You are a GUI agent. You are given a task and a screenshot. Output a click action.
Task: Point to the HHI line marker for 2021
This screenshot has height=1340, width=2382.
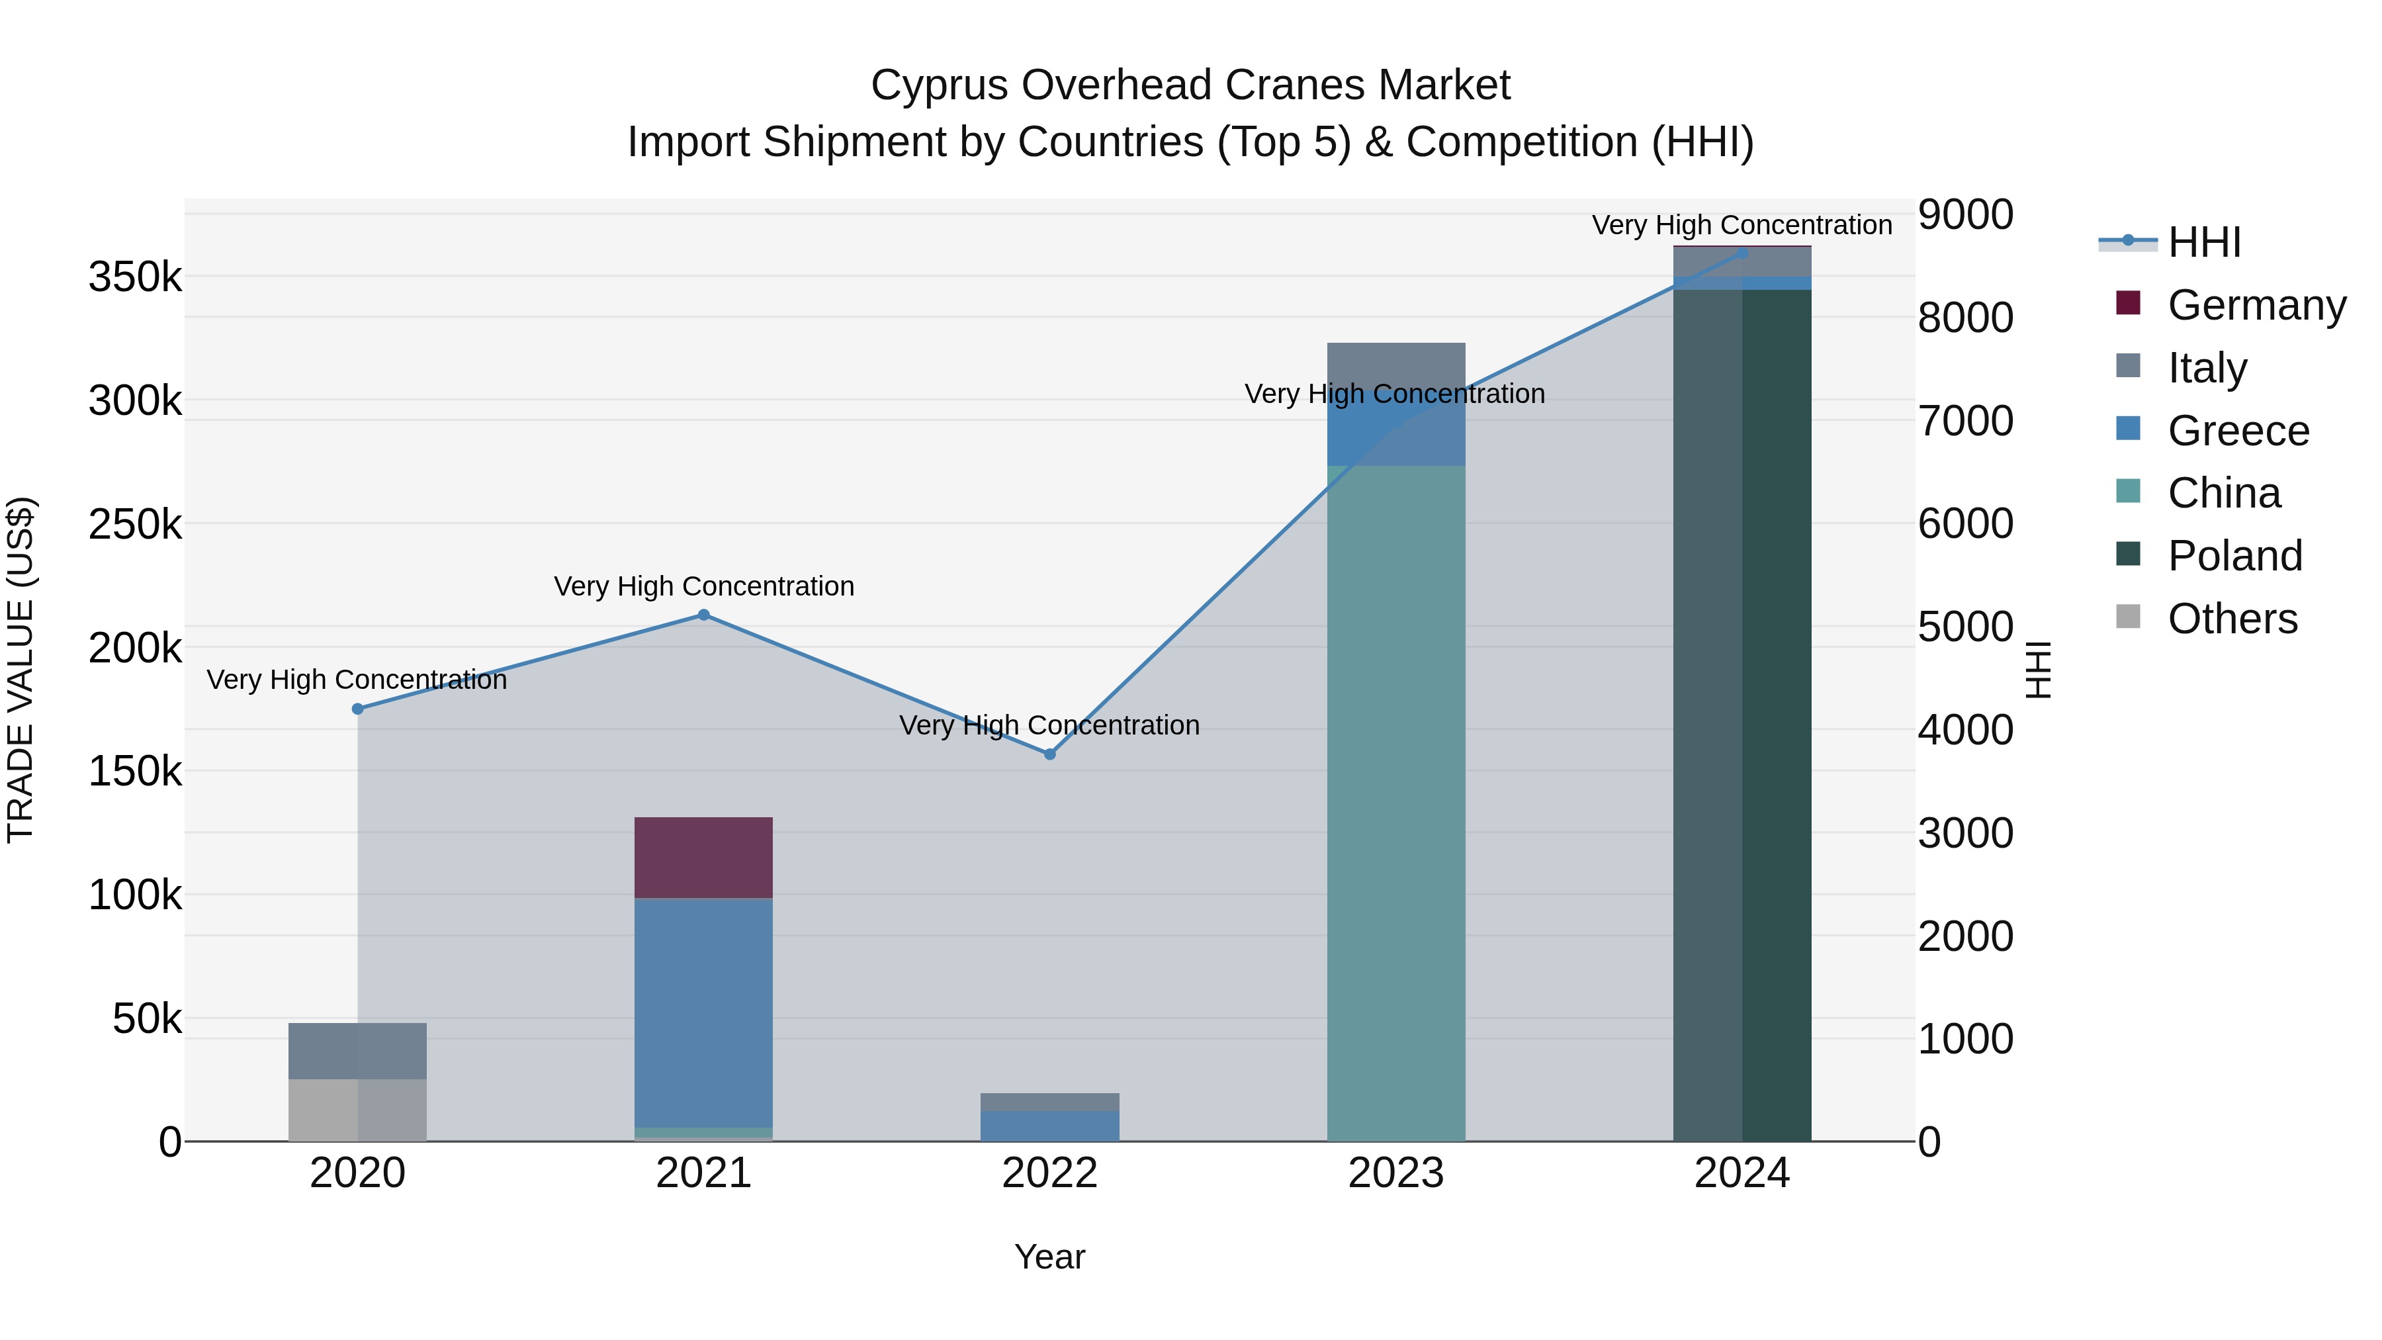(704, 615)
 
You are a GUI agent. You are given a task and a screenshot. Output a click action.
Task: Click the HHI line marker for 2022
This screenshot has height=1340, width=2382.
(1049, 754)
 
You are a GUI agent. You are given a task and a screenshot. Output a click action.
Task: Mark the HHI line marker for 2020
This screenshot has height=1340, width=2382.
(358, 709)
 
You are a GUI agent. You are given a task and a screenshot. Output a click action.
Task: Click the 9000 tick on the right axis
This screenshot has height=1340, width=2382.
(1965, 214)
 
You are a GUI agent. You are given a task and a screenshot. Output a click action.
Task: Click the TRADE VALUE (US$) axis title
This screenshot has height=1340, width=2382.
(21, 670)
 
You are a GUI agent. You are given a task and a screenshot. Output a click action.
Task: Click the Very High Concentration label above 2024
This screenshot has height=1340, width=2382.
(1742, 225)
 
